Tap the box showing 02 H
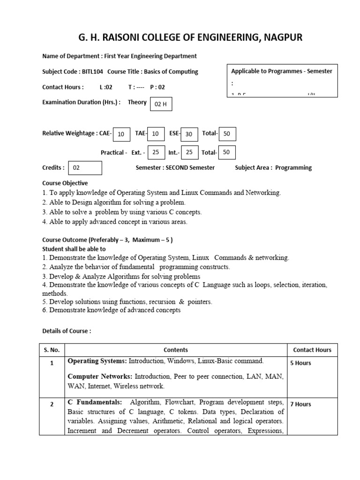click(x=161, y=104)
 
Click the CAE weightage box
click(x=121, y=134)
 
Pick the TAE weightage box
click(x=156, y=134)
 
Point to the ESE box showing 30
click(x=189, y=134)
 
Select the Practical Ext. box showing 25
click(x=156, y=152)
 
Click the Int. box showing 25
click(x=189, y=152)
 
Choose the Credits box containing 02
click(x=85, y=168)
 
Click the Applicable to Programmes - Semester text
click(x=282, y=71)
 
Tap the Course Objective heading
click(x=65, y=183)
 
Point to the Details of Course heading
click(x=67, y=331)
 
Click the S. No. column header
click(x=52, y=350)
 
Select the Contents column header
click(x=176, y=350)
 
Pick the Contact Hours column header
click(x=312, y=350)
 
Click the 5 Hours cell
click(x=300, y=363)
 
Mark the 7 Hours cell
click(x=300, y=404)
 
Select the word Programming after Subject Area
click(x=293, y=168)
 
